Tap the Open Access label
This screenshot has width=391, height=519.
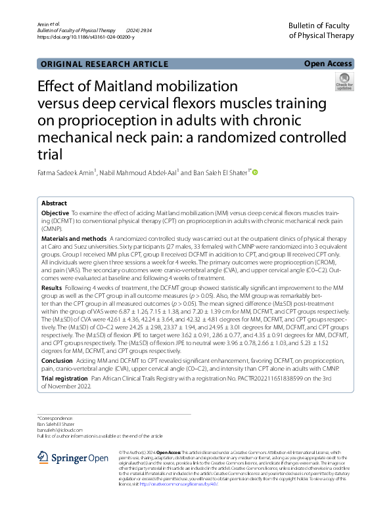[x=329, y=64]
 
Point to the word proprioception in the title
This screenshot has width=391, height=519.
[x=103, y=121]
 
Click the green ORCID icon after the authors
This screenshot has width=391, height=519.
[x=256, y=173]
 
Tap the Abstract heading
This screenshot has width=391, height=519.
[x=55, y=204]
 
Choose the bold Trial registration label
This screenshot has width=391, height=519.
[x=65, y=379]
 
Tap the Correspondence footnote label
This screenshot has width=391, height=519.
[x=55, y=418]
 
